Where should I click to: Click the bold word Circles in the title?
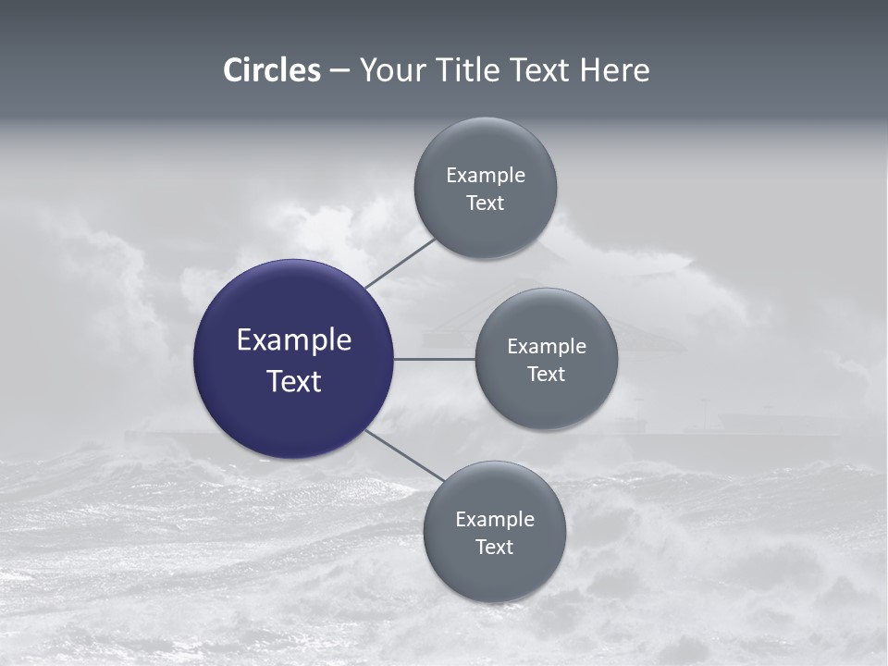(x=271, y=70)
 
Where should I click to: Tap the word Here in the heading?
(x=614, y=70)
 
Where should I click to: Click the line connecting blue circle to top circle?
(x=400, y=263)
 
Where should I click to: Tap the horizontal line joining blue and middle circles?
(x=434, y=359)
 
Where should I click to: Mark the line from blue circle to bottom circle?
(x=405, y=455)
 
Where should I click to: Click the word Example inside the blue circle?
(x=294, y=340)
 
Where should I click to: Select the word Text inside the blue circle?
(x=294, y=381)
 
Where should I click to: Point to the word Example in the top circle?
(x=486, y=176)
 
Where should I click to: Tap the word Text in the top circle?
(x=486, y=203)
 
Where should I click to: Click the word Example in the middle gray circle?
(x=547, y=347)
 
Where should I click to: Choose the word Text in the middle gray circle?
(x=547, y=375)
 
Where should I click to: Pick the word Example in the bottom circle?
(x=495, y=520)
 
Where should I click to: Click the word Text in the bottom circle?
(x=495, y=548)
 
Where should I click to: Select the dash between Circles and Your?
(x=339, y=71)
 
